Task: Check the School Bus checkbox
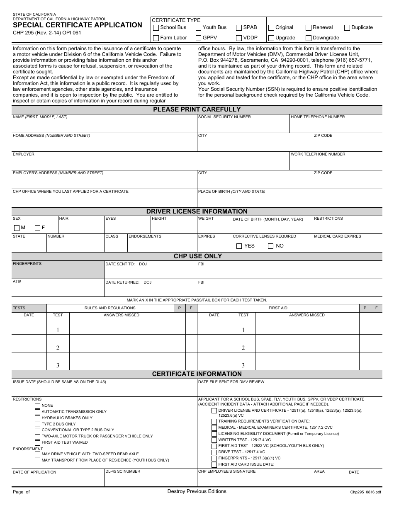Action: tap(156, 28)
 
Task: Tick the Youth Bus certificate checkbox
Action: tap(198, 28)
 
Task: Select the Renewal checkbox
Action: tap(309, 28)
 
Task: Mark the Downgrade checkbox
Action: tap(309, 38)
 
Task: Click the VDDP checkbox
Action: tap(239, 38)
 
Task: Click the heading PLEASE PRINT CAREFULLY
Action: tap(197, 109)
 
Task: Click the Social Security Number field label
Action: tap(224, 117)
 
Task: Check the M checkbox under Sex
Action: tap(17, 228)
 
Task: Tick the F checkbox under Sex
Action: tap(38, 228)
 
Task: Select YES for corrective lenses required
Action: tap(239, 246)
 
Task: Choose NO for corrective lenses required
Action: tap(270, 246)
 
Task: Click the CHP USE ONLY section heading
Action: tap(197, 256)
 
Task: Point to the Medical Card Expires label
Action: tap(337, 236)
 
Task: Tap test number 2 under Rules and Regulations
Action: tap(58, 348)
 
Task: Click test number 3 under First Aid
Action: tap(243, 365)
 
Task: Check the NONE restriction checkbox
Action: tap(38, 406)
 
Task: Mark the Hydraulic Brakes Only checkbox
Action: tap(38, 418)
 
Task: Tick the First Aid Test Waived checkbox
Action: tap(38, 442)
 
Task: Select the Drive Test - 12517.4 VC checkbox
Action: tap(214, 452)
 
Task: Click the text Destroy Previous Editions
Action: tap(197, 491)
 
